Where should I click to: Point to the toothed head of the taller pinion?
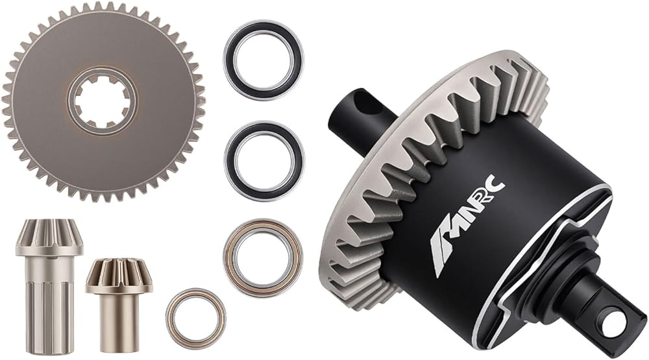pyautogui.click(x=49, y=237)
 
